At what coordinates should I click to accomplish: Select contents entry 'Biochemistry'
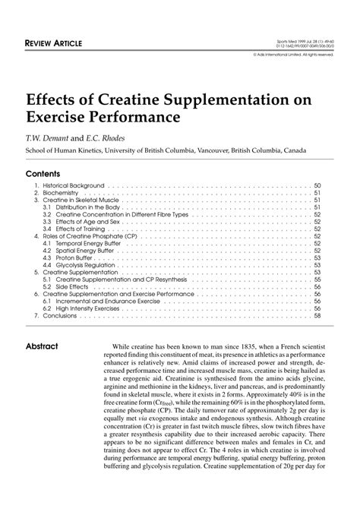(58, 193)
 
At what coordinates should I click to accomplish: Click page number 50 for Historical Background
(317, 185)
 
